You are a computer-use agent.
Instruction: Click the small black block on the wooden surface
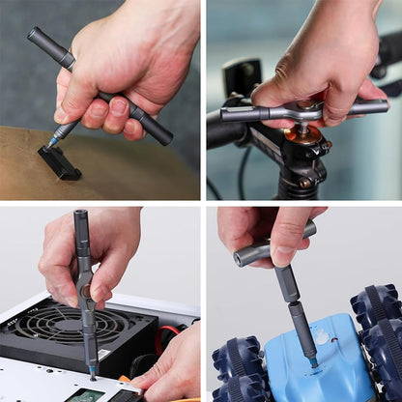point(59,162)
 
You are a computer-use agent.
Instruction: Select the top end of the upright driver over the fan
point(80,216)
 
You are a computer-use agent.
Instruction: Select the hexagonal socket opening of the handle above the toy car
point(241,258)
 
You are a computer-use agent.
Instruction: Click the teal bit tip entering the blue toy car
point(312,361)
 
